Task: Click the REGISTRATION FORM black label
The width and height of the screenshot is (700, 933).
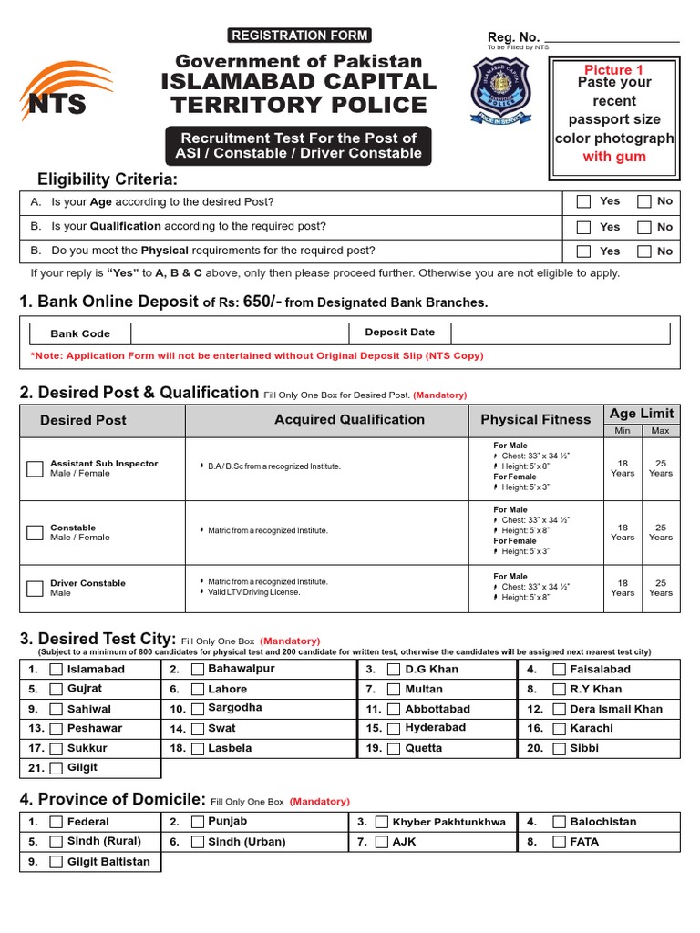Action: pos(299,36)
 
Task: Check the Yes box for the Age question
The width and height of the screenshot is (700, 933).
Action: pos(584,201)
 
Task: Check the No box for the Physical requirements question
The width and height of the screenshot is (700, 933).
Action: pos(644,251)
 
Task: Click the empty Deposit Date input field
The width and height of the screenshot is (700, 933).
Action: pos(560,333)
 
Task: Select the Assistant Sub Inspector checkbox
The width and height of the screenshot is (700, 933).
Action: pos(35,468)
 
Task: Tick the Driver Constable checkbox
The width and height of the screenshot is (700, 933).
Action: pos(35,588)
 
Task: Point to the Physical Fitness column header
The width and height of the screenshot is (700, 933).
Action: pos(535,420)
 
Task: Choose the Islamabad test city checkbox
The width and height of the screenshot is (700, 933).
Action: pos(56,670)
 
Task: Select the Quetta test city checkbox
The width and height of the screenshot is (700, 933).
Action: pos(394,749)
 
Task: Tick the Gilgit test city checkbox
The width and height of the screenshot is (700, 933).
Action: pos(56,768)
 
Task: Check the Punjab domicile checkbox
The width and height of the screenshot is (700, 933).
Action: pos(197,822)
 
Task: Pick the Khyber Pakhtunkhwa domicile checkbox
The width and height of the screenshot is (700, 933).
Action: pos(382,822)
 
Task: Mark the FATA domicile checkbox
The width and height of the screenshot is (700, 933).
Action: pos(558,842)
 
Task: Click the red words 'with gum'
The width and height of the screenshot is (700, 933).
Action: pos(614,157)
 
